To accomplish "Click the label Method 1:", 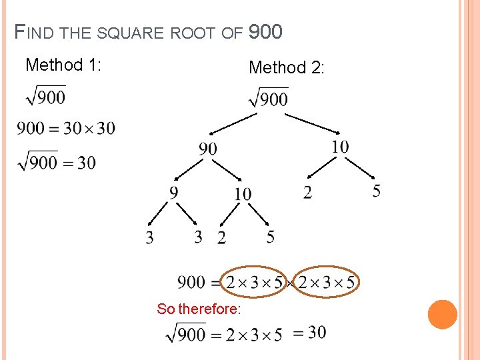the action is tap(63, 65).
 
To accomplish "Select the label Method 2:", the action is tap(286, 67).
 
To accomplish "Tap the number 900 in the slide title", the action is tap(265, 32).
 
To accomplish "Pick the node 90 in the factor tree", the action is tap(207, 148).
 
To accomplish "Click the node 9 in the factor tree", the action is tap(174, 193).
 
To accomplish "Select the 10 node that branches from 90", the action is tap(243, 194).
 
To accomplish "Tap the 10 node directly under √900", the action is tap(339, 147).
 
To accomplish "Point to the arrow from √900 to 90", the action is tap(233, 123).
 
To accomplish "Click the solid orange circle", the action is tap(442, 315).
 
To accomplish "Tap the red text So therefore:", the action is tap(199, 309).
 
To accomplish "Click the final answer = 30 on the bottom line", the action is tap(309, 332).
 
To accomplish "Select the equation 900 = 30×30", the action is tap(65, 128).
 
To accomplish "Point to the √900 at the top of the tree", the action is tap(268, 99).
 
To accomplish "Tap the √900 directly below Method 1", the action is tap(45, 97).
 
